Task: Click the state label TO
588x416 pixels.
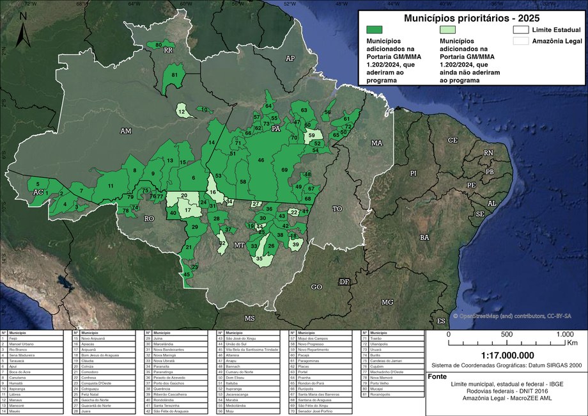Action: (x=338, y=209)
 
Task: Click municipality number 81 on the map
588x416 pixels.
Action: (x=174, y=76)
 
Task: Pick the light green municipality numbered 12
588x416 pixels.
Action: (x=183, y=112)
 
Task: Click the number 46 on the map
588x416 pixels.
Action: (x=261, y=159)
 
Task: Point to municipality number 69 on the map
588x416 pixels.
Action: (x=284, y=170)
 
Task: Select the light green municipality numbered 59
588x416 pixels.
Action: (x=312, y=136)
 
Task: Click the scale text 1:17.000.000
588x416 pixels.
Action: (x=507, y=355)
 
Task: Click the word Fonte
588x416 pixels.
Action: (x=438, y=376)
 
